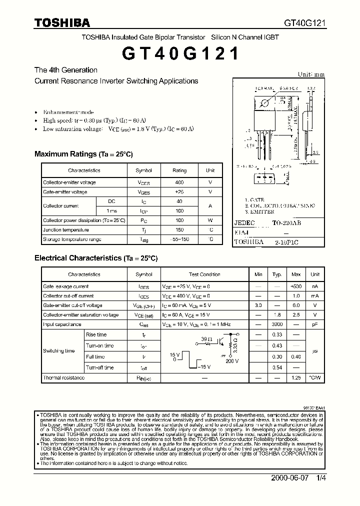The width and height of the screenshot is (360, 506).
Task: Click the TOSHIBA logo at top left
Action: (x=62, y=22)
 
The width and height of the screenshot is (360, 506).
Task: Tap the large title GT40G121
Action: (x=179, y=53)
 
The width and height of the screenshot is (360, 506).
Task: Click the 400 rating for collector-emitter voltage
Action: (x=179, y=182)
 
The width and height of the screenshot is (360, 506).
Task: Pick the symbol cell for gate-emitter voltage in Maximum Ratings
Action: (x=144, y=192)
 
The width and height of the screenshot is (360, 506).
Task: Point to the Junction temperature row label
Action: (x=65, y=230)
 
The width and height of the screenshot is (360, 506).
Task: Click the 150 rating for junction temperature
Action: (x=179, y=230)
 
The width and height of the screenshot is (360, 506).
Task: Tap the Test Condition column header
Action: (x=204, y=274)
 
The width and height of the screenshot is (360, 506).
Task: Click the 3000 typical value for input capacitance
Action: (x=277, y=324)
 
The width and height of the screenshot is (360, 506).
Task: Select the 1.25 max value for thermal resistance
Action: (x=295, y=378)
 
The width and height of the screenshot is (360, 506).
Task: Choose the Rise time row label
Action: (x=96, y=335)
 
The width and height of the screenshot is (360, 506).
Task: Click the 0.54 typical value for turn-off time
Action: (x=277, y=367)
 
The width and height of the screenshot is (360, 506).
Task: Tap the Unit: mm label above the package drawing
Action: (x=311, y=74)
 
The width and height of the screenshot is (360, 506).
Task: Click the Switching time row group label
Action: (x=59, y=351)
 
